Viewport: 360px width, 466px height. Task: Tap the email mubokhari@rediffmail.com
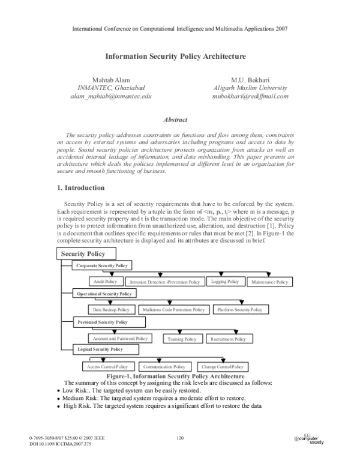click(x=251, y=96)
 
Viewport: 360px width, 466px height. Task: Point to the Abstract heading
click(x=176, y=120)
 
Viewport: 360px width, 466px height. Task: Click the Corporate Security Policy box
click(x=101, y=265)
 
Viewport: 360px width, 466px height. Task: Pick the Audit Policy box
click(x=107, y=281)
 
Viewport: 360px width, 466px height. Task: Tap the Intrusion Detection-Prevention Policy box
click(x=165, y=282)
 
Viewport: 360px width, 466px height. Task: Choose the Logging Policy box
click(x=226, y=281)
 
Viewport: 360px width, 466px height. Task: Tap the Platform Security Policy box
click(x=240, y=310)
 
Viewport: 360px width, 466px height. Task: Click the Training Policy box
click(x=182, y=339)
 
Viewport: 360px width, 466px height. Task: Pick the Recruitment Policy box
click(x=229, y=339)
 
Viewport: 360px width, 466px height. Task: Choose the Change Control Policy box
click(x=221, y=366)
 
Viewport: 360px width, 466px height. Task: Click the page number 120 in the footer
click(x=179, y=438)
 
